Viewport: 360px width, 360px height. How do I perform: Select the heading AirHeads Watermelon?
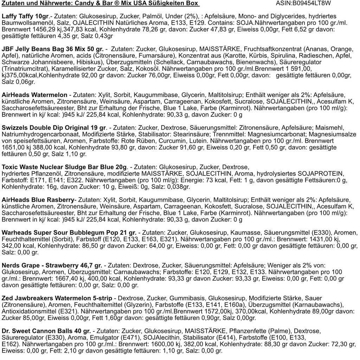pyautogui.click(x=34, y=95)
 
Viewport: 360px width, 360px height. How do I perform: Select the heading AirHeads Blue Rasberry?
pyautogui.click(x=38, y=199)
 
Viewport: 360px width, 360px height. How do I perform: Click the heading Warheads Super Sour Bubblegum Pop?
pyautogui.click(x=69, y=232)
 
